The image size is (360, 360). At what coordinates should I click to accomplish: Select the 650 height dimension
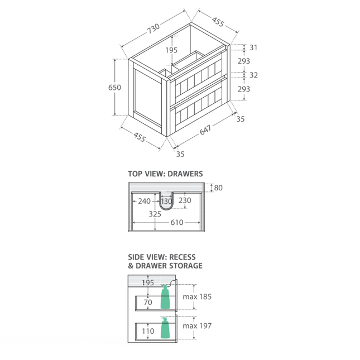114,88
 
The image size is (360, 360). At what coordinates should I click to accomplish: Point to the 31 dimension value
254,48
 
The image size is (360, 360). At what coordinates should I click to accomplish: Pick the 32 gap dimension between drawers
254,75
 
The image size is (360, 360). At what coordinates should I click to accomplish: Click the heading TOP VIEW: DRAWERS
165,174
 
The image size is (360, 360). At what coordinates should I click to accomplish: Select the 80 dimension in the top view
218,188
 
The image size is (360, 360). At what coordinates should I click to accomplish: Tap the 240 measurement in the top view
145,201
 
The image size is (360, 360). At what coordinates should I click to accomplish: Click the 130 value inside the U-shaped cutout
167,201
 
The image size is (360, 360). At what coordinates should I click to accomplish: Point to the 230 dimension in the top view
185,201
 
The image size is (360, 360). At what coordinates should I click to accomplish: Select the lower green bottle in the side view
165,328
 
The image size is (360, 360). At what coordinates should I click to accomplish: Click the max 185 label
197,297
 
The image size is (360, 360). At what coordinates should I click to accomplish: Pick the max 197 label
197,325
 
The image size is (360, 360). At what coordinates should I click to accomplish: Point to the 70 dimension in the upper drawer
147,303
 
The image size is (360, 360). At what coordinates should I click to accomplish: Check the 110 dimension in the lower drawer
147,332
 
